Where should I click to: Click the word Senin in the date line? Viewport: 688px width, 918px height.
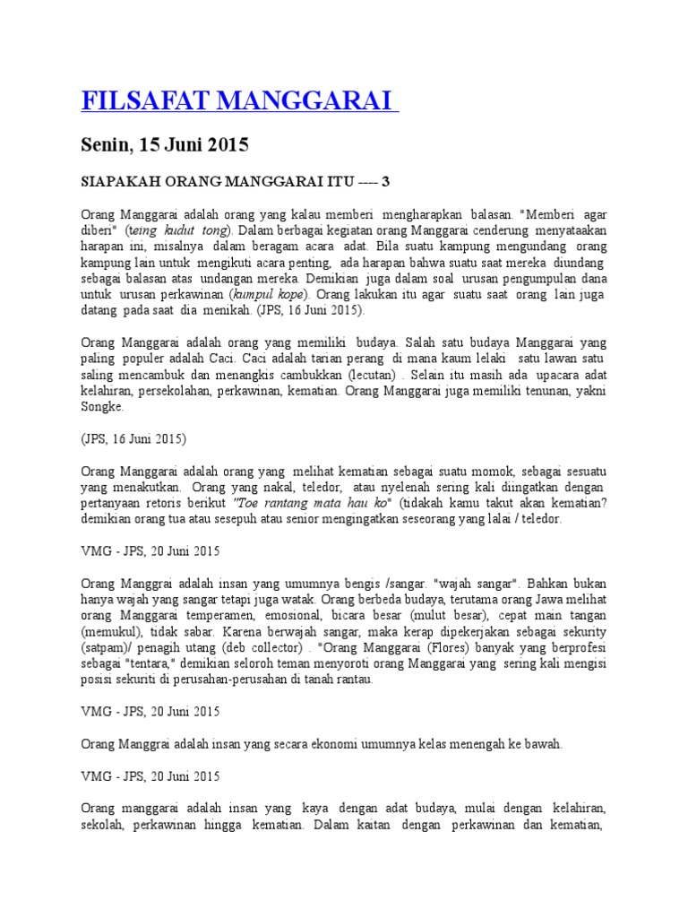106,144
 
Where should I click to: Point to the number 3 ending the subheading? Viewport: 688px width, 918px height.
386,182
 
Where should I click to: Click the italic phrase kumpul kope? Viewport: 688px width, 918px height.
269,294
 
